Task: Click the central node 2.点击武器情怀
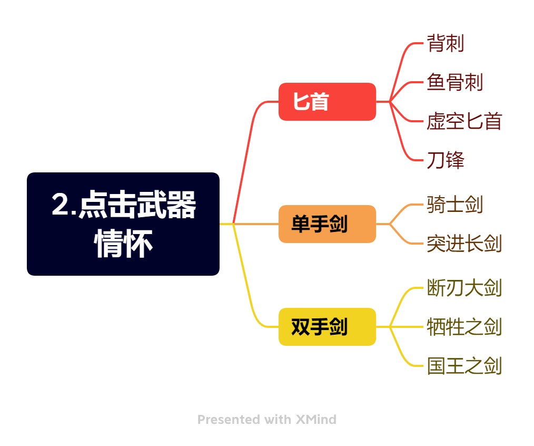tap(123, 224)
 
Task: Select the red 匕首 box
tap(327, 102)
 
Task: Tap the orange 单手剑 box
tap(327, 224)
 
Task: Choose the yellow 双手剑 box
tap(327, 327)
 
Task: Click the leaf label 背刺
tap(446, 43)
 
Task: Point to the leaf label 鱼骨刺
tap(454, 82)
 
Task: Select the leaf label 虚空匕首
tap(464, 121)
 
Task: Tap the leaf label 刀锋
tap(446, 160)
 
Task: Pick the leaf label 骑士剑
tap(454, 205)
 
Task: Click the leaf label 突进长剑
tap(464, 244)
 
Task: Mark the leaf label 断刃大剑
tap(464, 288)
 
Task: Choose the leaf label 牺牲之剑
tap(464, 327)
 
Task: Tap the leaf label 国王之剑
tap(464, 365)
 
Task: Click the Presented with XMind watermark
tap(267, 420)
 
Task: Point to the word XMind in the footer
tap(316, 420)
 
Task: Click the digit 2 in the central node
tap(60, 204)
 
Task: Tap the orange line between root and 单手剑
tap(256, 224)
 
